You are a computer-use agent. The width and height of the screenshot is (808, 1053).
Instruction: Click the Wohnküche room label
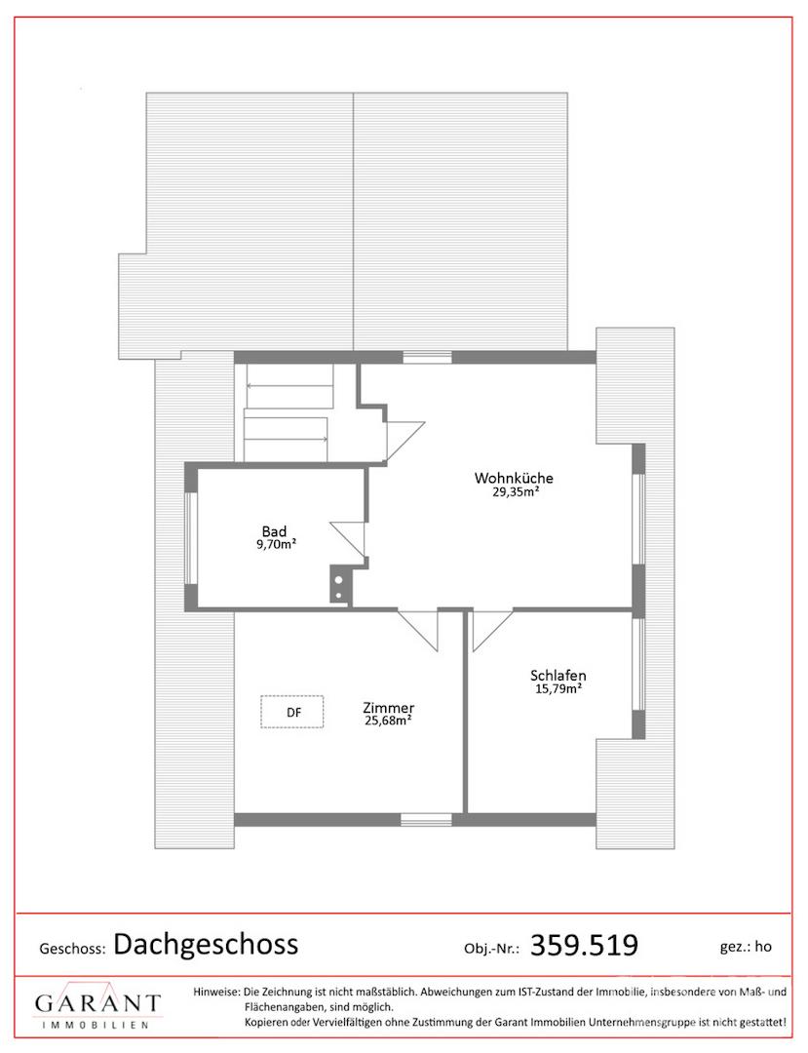click(514, 478)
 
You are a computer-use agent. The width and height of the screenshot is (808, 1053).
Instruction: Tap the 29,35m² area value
click(516, 490)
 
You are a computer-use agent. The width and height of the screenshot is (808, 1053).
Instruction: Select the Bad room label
click(274, 532)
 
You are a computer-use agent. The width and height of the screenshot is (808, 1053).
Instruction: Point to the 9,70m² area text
click(277, 545)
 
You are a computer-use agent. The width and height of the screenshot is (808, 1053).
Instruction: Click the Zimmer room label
click(388, 708)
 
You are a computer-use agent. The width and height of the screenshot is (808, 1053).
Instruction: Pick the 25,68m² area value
click(388, 721)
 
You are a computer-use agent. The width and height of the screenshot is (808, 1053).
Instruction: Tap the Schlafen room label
click(558, 676)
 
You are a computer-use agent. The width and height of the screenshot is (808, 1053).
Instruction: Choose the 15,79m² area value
click(558, 688)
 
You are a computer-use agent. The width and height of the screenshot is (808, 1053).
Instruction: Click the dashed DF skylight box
click(292, 712)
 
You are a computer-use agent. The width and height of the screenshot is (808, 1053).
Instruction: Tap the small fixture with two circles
click(339, 585)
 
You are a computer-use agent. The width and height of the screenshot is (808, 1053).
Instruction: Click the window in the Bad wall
click(191, 538)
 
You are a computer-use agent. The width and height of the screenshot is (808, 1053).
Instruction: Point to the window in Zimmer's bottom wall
click(426, 819)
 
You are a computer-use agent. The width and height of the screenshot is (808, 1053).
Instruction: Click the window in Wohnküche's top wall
click(428, 357)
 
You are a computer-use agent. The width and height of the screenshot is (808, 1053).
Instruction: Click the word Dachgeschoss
click(206, 944)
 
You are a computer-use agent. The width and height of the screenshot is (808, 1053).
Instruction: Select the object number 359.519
click(584, 945)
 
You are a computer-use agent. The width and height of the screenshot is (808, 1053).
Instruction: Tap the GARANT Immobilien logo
click(97, 1006)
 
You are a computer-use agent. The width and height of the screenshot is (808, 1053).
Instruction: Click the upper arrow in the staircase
click(289, 386)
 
